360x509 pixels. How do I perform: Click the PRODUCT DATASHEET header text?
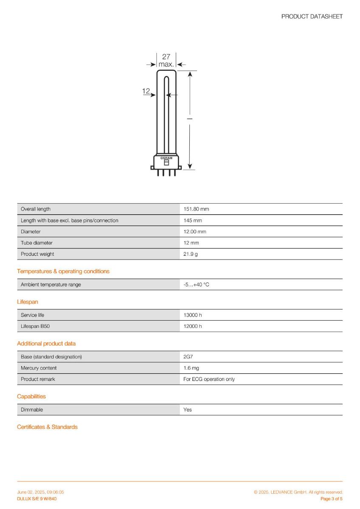(312, 17)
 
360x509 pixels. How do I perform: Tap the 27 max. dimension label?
(166, 61)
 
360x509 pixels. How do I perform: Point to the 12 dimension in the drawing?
(146, 91)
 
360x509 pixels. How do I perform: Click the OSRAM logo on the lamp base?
(166, 158)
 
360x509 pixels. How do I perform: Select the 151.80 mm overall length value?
(196, 209)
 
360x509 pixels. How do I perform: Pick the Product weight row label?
(37, 254)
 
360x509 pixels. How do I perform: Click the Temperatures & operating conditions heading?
(63, 271)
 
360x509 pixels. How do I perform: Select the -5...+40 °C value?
(196, 285)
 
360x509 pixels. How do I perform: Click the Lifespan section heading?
(28, 302)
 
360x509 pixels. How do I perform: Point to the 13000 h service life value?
(193, 315)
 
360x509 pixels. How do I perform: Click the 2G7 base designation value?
(188, 357)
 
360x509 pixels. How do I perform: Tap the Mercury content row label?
(39, 368)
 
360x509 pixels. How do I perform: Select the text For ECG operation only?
(209, 379)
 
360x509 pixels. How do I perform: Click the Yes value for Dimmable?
(188, 410)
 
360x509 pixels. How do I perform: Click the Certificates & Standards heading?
(47, 427)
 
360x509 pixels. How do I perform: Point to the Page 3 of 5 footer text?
(331, 499)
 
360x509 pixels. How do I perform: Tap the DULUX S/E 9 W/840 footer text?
(37, 499)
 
